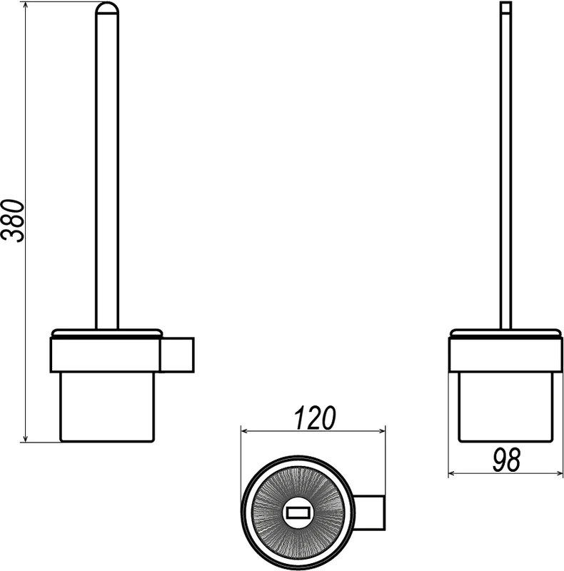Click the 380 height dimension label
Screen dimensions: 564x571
(13, 221)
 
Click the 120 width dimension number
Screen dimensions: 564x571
(314, 418)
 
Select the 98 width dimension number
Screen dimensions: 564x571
(506, 460)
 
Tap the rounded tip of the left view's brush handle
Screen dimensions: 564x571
(107, 9)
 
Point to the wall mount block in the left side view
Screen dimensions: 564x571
(177, 355)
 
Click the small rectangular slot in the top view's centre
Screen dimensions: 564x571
(298, 513)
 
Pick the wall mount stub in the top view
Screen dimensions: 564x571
(369, 512)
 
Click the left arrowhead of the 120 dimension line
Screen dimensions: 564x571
(245, 431)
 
